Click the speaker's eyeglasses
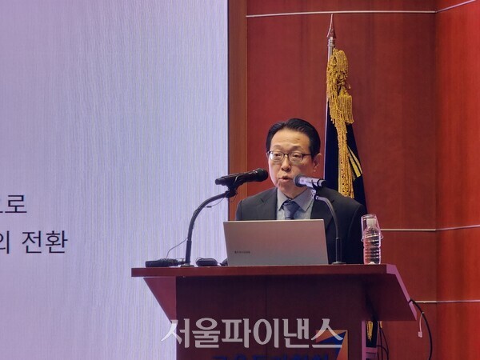(x=289, y=157)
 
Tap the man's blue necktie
(x=290, y=209)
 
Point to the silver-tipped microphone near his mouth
(x=308, y=182)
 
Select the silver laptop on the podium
(x=275, y=242)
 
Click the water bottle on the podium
(x=371, y=239)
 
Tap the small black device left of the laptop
(x=206, y=262)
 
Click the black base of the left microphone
(x=164, y=262)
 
